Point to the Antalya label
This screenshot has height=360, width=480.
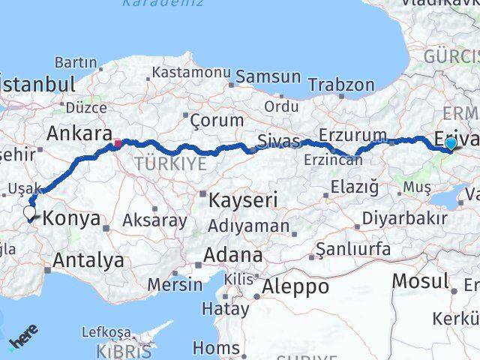point(88,261)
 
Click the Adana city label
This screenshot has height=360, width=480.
point(235,255)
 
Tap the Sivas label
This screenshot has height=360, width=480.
point(278,140)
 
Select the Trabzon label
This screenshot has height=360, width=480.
point(340,85)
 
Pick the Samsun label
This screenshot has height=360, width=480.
point(268,77)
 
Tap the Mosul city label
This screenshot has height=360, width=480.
point(420,280)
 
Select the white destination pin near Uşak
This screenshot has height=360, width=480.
point(29,213)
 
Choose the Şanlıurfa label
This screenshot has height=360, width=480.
point(353,248)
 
